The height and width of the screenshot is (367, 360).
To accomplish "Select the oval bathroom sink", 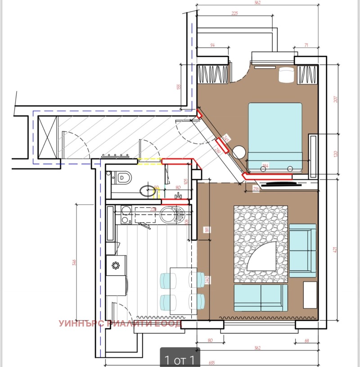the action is tap(147, 192).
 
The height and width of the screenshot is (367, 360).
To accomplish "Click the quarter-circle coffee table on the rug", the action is tap(261, 256).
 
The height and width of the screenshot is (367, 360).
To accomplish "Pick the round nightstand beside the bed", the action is tap(238, 152).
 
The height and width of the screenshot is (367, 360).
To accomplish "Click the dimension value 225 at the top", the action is tap(234, 13).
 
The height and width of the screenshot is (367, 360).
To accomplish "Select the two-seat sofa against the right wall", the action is tap(302, 250).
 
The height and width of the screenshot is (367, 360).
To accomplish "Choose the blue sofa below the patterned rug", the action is tap(261, 298).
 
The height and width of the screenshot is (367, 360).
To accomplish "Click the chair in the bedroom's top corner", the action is tap(285, 75).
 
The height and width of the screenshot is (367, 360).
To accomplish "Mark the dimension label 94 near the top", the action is tap(213, 45).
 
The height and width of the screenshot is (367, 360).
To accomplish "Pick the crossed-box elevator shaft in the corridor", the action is tap(48, 137).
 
